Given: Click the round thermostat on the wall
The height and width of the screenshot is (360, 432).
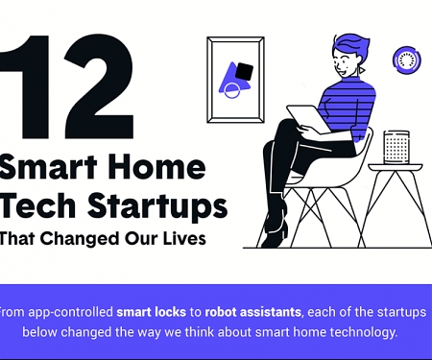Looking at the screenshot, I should tap(407, 60).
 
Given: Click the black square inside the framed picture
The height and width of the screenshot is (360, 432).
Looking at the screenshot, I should tap(244, 71).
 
